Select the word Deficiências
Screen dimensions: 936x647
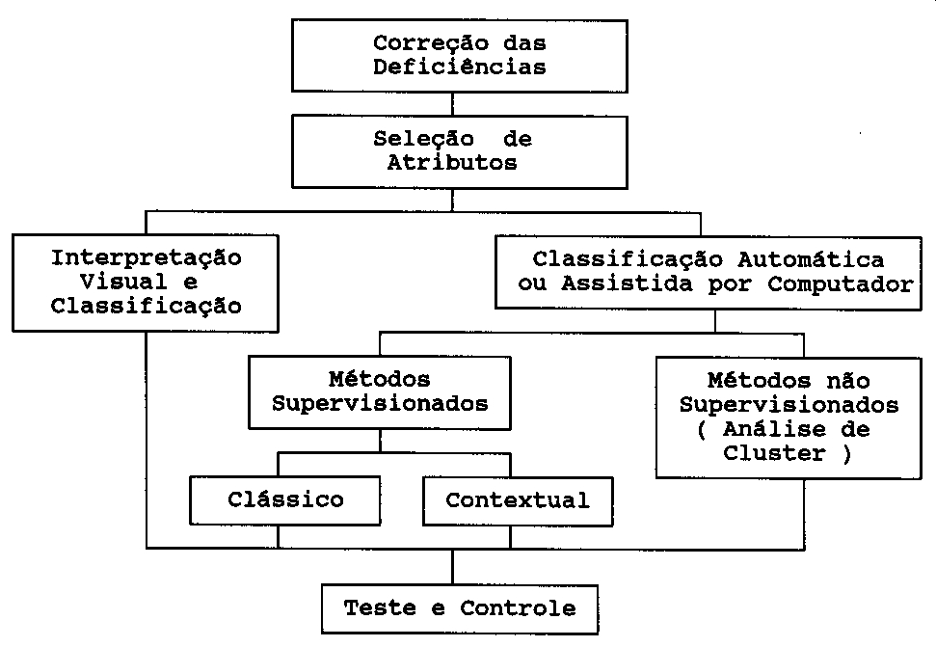[460, 67]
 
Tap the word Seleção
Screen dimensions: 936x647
[424, 140]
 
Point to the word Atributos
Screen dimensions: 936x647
[452, 162]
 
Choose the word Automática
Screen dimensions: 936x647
[811, 260]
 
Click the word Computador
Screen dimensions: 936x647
[841, 284]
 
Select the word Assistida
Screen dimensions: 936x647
[627, 283]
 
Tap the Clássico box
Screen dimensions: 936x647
[285, 500]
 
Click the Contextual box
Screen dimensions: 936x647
[518, 500]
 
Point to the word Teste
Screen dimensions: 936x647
[380, 608]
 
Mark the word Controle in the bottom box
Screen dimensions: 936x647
[518, 608]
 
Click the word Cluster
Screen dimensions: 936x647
[774, 453]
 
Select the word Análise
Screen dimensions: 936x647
[766, 429]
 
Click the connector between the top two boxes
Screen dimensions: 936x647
[452, 104]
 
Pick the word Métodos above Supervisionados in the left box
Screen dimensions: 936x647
[379, 380]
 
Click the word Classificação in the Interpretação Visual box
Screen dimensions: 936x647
[147, 307]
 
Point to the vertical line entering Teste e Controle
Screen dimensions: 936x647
[452, 566]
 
